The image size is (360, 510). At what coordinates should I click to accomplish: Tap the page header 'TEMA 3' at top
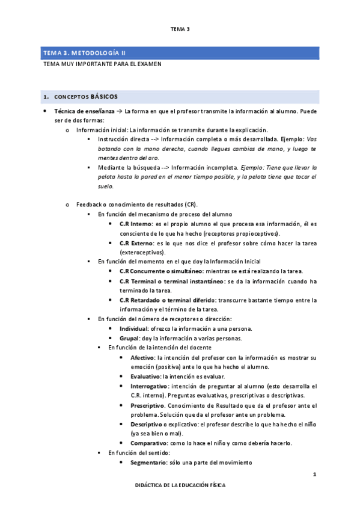point(180,29)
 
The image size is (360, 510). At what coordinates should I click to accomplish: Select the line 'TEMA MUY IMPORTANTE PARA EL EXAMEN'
point(102,63)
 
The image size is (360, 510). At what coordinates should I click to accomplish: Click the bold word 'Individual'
point(133,328)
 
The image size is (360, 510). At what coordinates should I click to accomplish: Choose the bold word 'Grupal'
point(129,338)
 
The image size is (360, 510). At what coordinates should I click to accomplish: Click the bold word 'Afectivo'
point(142,357)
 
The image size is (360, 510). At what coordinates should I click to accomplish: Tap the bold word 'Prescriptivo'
point(147,405)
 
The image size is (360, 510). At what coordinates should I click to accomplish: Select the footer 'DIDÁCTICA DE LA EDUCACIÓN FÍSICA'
point(180,485)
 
